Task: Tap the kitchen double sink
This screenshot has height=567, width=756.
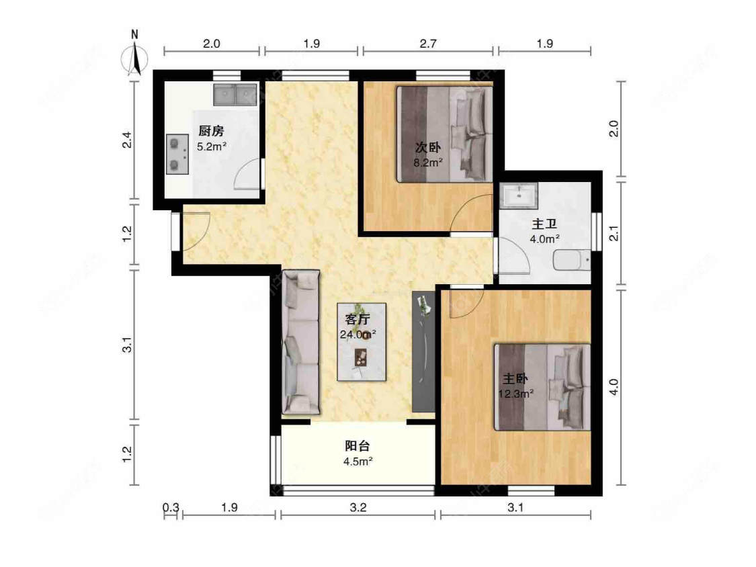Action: [x=235, y=95]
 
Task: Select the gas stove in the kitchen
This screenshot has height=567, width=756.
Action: [x=177, y=154]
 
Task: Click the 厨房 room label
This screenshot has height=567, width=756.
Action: [x=210, y=131]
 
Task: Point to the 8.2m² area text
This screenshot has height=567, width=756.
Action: [x=428, y=162]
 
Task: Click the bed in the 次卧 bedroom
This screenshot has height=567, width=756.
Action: [x=444, y=134]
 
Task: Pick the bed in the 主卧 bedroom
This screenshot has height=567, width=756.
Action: [x=543, y=387]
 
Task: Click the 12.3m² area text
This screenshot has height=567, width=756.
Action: [x=515, y=394]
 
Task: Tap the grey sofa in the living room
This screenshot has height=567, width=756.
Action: [x=300, y=342]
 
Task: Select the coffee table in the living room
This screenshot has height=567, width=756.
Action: [x=362, y=342]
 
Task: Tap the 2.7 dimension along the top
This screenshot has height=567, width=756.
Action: [x=428, y=44]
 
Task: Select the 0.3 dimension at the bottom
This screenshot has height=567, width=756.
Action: [x=171, y=508]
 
